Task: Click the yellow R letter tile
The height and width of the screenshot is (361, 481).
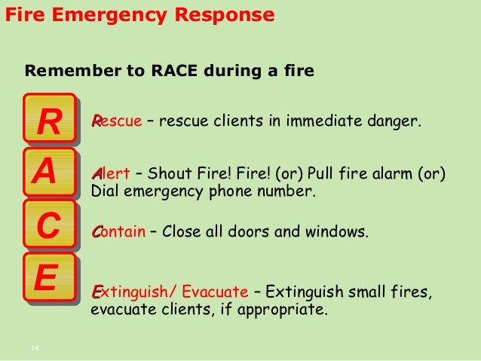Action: [x=51, y=121]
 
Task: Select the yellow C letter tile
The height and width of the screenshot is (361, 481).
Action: [x=49, y=225]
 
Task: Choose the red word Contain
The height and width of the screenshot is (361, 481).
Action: [x=118, y=231]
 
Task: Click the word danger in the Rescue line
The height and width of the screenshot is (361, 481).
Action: [x=392, y=121]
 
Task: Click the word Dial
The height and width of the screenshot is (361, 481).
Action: [x=104, y=190]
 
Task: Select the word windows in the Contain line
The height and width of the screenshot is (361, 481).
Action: [x=339, y=231]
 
